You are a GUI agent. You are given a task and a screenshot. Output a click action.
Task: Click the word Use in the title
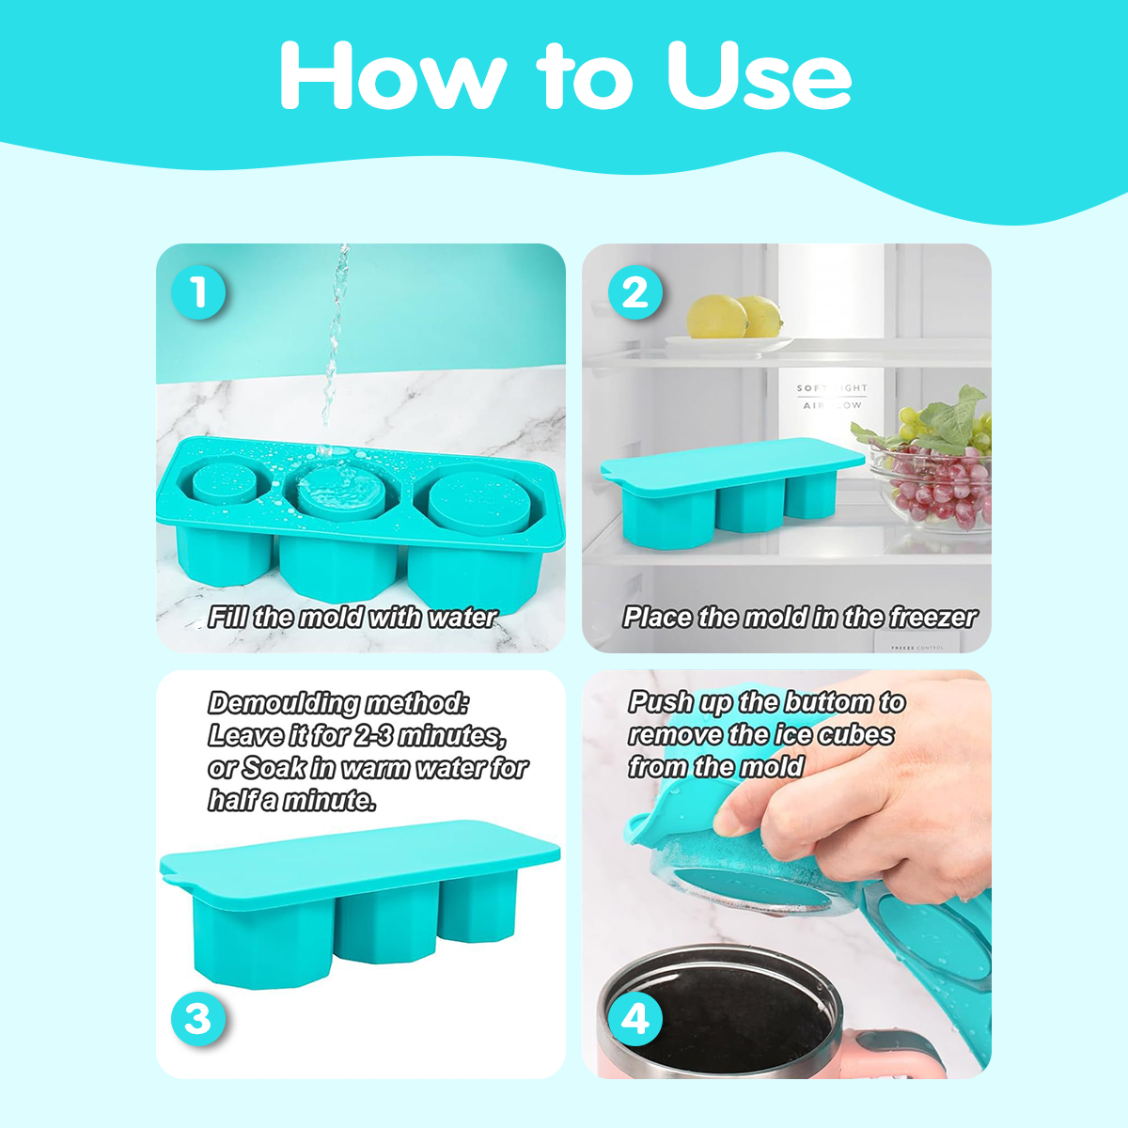(x=759, y=76)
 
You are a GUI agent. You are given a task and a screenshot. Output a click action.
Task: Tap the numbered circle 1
(x=198, y=292)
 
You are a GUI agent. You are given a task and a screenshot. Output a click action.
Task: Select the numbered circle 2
(x=635, y=292)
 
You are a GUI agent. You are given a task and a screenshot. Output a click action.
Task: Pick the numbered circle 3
(x=198, y=1019)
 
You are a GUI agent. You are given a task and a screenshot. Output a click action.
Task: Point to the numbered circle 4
(x=635, y=1019)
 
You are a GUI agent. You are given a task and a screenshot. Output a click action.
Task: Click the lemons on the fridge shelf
(x=734, y=318)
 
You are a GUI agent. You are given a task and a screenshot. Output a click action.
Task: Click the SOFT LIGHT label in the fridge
(x=832, y=388)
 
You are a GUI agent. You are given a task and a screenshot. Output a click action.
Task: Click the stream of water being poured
(x=335, y=345)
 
